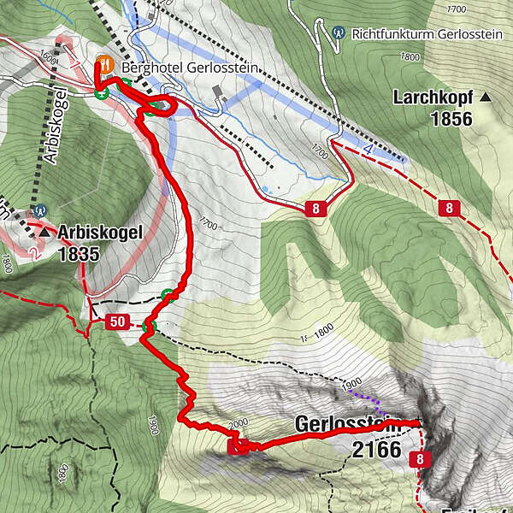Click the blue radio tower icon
coord(339,32)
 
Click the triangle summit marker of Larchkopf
coord(486,97)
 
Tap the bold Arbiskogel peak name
coord(91,231)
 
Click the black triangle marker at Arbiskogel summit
coord(44,231)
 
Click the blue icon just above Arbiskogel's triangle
coord(40,210)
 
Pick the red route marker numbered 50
coord(116,322)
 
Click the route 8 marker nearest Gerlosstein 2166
coord(421,460)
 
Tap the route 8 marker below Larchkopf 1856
coord(447,208)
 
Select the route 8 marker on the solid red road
coord(316,208)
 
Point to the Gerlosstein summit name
coord(346,424)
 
